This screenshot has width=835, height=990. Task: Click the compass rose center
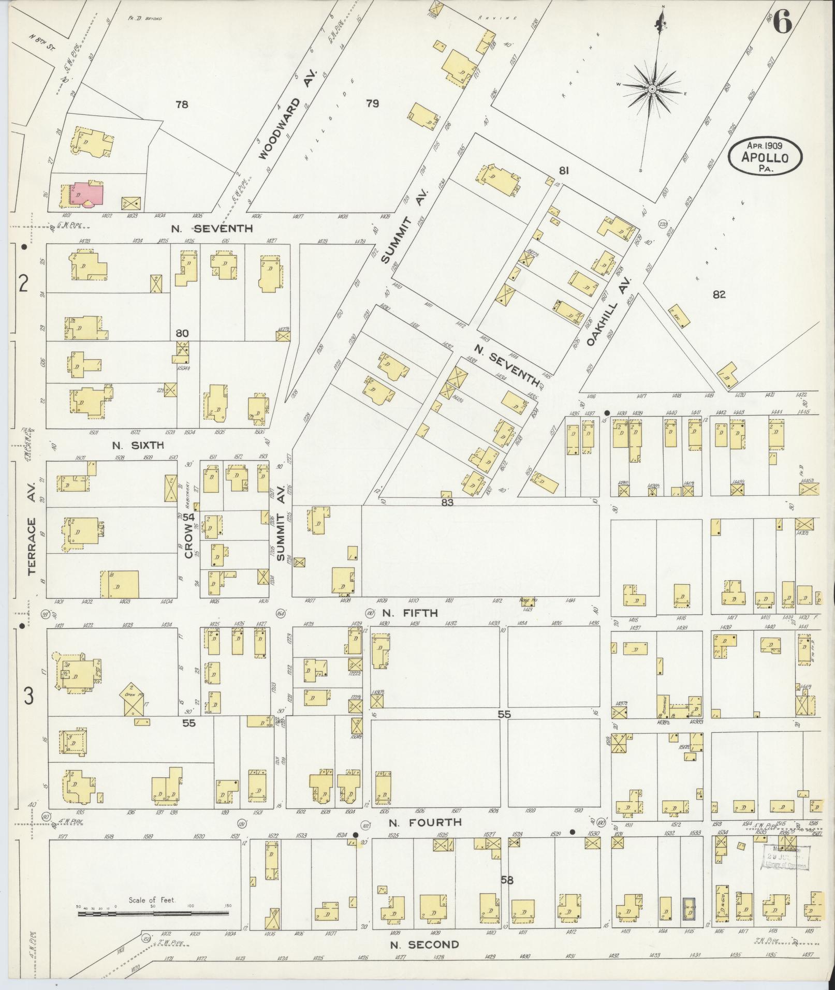[x=652, y=89]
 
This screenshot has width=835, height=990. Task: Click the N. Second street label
[x=424, y=944]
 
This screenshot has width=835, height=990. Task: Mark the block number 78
[x=181, y=105]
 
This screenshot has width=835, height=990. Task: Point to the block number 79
[x=372, y=104]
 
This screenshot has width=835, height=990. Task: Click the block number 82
[x=719, y=294]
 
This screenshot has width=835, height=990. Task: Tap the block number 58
[x=507, y=879]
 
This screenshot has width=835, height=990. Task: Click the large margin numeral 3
[x=28, y=697]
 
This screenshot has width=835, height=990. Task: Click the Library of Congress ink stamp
[x=785, y=858]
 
